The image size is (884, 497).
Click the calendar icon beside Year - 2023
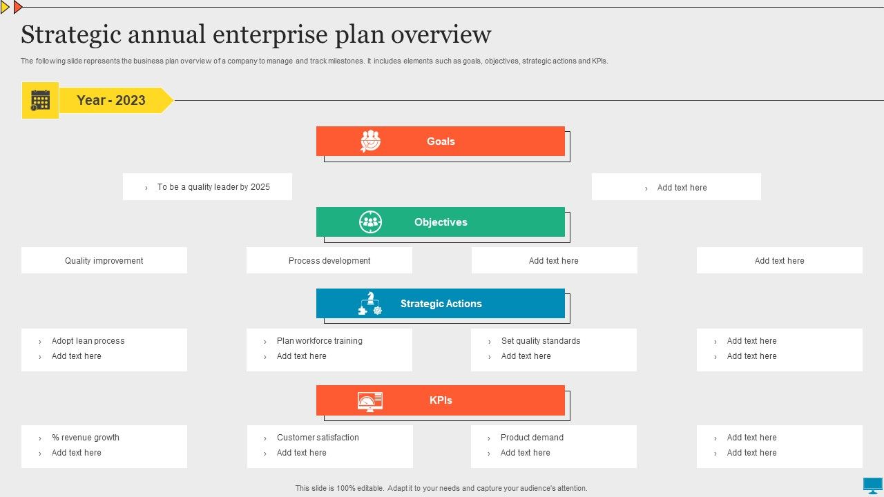click(40, 100)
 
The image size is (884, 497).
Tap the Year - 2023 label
click(111, 100)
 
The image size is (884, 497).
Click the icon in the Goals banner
click(370, 141)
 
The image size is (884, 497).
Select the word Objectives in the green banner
click(441, 222)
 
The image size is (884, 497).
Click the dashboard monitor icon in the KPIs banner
click(369, 402)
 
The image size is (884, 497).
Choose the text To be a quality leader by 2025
click(213, 187)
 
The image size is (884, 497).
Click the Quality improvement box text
click(104, 261)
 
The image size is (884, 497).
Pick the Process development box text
click(329, 261)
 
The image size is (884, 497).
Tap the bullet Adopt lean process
click(88, 341)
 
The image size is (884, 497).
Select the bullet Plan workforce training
click(319, 341)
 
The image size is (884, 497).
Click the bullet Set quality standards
click(541, 341)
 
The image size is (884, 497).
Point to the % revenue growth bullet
click(85, 438)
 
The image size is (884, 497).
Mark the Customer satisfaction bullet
click(318, 438)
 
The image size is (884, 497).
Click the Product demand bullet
click(532, 438)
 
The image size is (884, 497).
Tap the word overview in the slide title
click(441, 35)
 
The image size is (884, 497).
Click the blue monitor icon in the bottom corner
click(872, 485)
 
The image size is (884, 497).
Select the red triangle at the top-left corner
click(17, 7)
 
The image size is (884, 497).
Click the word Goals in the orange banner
click(441, 142)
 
